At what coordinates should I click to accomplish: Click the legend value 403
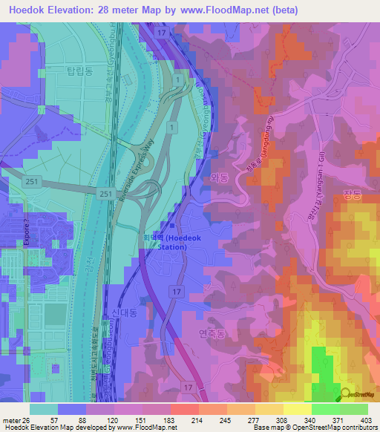[365, 419]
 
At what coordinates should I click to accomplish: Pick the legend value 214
[176, 419]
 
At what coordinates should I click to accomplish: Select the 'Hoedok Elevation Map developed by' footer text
[55, 428]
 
